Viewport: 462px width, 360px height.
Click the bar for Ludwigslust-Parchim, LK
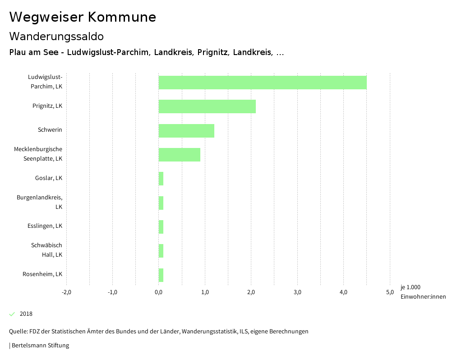[262, 83]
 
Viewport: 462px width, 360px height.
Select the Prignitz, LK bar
[207, 106]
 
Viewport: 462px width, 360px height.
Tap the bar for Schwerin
[186, 130]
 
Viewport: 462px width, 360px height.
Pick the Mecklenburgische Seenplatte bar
[179, 154]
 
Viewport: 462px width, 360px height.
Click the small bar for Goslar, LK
[161, 179]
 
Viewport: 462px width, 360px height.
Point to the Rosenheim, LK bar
[161, 275]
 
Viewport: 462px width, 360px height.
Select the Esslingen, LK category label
[45, 226]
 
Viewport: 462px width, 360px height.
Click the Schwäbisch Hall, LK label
[47, 250]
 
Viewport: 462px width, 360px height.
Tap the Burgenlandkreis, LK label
[40, 202]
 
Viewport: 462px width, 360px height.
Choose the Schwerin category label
[50, 130]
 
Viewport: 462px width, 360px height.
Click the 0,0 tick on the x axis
[159, 292]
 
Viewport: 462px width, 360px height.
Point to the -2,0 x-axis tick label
[66, 292]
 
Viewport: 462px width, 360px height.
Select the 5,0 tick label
[390, 292]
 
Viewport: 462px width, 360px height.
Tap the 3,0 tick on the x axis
[297, 292]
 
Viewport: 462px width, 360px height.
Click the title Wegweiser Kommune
[83, 17]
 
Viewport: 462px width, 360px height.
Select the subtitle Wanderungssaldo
[56, 36]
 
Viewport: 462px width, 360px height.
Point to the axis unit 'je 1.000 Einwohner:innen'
[423, 292]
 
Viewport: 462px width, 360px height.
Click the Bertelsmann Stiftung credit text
[40, 346]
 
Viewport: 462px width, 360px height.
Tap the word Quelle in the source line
[18, 332]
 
